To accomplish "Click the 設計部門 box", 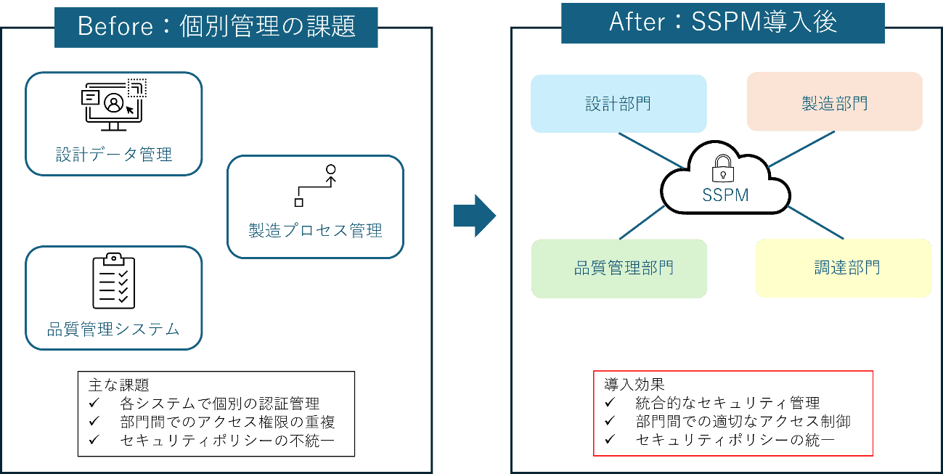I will (x=619, y=104).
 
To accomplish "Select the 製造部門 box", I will (x=834, y=102).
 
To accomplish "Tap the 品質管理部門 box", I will (x=619, y=269).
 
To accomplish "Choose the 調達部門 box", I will (x=843, y=268).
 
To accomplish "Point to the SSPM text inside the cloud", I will (x=724, y=195).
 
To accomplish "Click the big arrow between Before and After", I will (x=474, y=216).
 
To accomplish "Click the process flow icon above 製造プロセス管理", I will (x=316, y=185).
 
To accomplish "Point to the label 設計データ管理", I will (x=114, y=155).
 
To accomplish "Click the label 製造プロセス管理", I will (x=315, y=231).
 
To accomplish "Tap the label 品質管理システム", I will (x=113, y=329).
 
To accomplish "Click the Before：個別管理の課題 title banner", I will (x=216, y=27).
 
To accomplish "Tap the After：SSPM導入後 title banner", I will (x=722, y=23).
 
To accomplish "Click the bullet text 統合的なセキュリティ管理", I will (x=727, y=403).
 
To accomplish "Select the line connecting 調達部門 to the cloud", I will (x=815, y=223).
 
